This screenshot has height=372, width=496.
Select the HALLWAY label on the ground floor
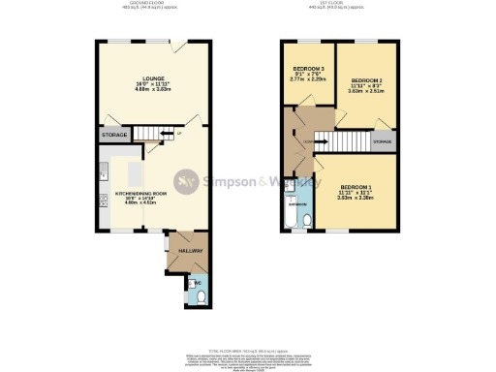point(190,251)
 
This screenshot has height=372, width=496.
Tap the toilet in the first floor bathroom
point(307,221)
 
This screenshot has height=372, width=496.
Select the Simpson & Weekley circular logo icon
point(186,181)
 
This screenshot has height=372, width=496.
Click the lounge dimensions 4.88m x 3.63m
point(150,96)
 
